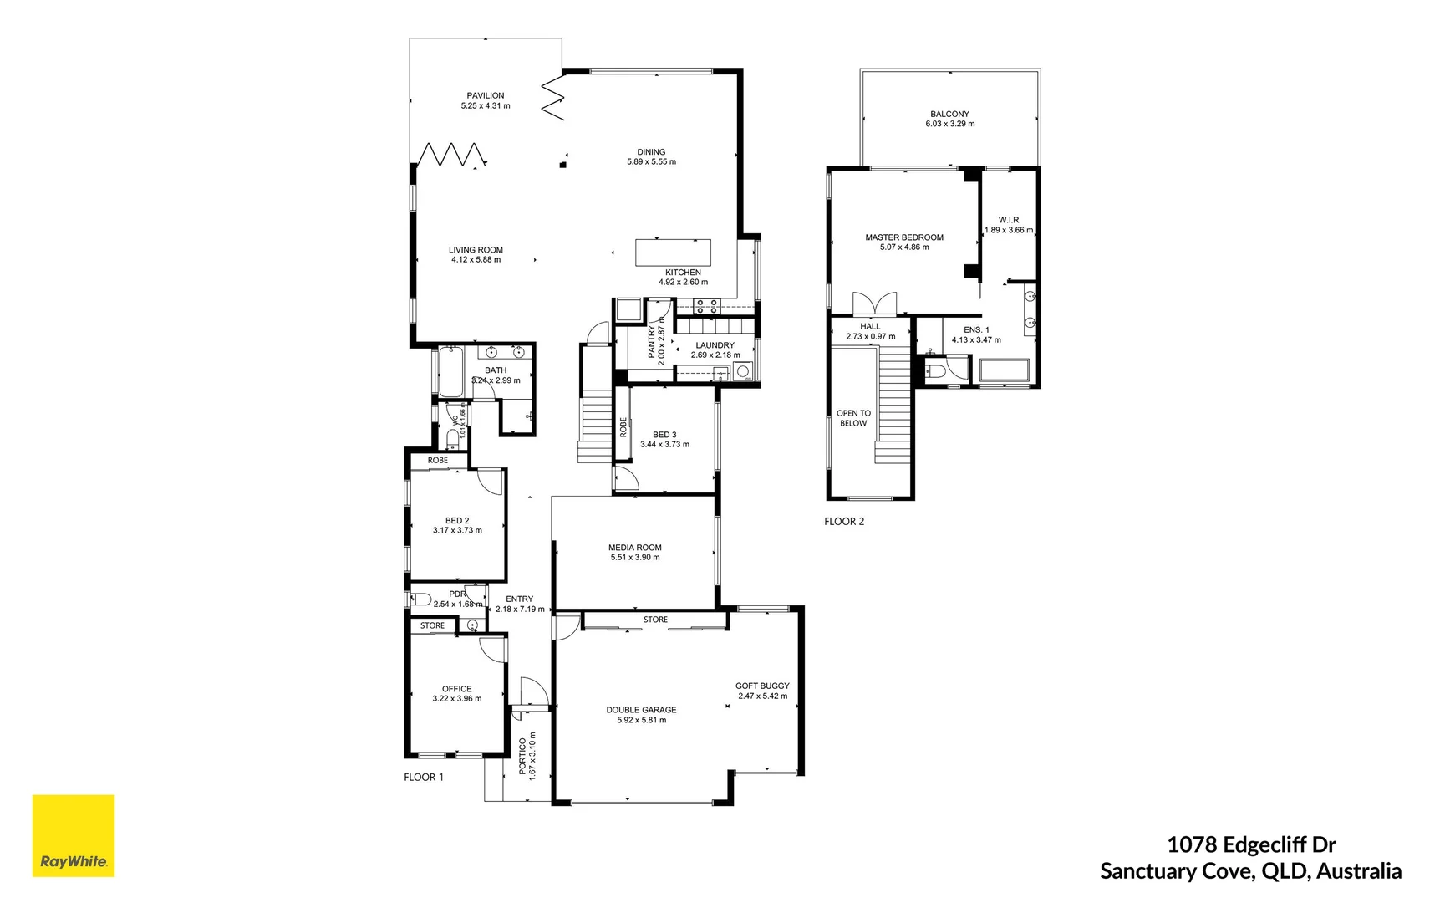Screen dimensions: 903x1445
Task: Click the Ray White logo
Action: click(73, 835)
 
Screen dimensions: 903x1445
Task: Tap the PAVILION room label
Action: click(485, 95)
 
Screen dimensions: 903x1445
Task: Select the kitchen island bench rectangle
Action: click(673, 253)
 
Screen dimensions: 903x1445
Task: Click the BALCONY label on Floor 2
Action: click(949, 114)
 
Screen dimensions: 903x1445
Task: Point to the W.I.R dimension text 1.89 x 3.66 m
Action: click(1008, 230)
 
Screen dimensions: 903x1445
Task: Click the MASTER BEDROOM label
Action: click(903, 237)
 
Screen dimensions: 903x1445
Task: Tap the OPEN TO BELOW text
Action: click(853, 418)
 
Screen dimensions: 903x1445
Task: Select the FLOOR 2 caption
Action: click(844, 522)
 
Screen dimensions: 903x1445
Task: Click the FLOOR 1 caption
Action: click(424, 778)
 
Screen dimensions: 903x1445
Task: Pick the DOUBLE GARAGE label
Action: click(641, 710)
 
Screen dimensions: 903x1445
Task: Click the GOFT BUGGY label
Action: click(762, 686)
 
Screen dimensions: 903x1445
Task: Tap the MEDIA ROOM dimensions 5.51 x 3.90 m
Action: click(634, 558)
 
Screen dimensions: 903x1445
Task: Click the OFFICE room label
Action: click(456, 689)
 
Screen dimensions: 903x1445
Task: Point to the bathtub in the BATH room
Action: click(450, 373)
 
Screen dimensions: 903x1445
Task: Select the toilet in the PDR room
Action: click(420, 599)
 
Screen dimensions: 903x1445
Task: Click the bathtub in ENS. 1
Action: click(1004, 371)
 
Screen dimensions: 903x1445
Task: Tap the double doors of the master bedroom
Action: click(874, 303)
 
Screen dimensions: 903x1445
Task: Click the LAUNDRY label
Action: click(715, 345)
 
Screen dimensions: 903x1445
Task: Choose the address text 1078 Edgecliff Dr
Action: click(1250, 845)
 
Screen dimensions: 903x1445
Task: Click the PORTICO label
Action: click(523, 757)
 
